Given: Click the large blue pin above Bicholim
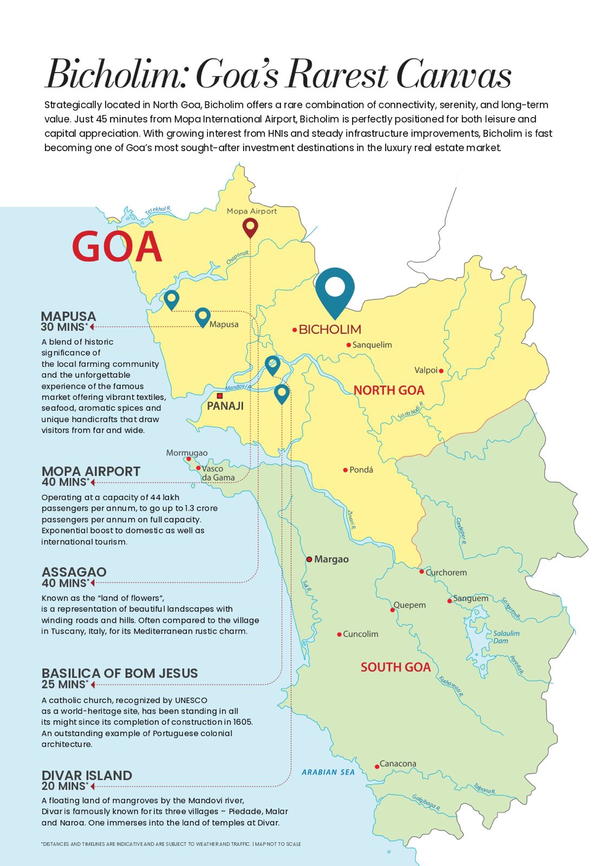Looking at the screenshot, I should (x=335, y=290).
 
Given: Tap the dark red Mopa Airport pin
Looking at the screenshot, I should (x=250, y=227).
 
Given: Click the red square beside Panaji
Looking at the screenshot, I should (x=219, y=396).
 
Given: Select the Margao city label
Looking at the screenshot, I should (x=331, y=559).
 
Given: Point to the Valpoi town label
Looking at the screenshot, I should (x=426, y=370).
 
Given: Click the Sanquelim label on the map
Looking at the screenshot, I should (x=372, y=345).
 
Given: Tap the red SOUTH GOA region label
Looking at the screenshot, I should (x=395, y=667).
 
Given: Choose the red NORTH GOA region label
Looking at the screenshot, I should (x=389, y=390).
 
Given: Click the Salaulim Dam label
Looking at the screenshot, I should (x=506, y=637).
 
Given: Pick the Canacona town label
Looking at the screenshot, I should (x=397, y=764).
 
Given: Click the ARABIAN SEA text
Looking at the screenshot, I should (x=328, y=772).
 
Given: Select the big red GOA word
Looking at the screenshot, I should (x=117, y=247).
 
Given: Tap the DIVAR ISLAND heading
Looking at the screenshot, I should (x=87, y=775).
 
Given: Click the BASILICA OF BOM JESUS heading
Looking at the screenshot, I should (x=120, y=673).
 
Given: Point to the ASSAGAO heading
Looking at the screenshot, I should (x=74, y=572).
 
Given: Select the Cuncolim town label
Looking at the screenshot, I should (x=360, y=634).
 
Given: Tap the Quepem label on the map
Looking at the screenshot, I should (x=409, y=605).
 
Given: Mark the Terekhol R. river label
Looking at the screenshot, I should (x=158, y=211).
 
